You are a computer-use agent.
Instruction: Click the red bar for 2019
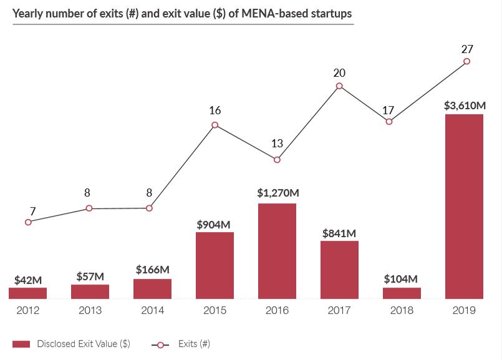point(464,206)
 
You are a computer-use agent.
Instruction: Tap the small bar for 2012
point(27,293)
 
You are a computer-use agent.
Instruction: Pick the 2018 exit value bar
point(402,293)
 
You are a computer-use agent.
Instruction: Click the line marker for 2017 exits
point(339,86)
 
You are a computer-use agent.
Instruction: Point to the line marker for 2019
point(466,61)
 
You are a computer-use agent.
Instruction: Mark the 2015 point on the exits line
point(215,125)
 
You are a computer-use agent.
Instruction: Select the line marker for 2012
point(28,221)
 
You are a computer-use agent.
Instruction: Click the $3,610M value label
point(465,105)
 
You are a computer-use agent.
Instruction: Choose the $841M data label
point(339,233)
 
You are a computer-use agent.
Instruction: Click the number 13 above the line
point(277,144)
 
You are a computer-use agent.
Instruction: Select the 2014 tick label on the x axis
point(152,310)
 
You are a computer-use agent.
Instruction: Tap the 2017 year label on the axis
point(339,310)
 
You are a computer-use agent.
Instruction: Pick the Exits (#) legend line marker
point(160,344)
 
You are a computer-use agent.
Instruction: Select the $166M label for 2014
point(153,270)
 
